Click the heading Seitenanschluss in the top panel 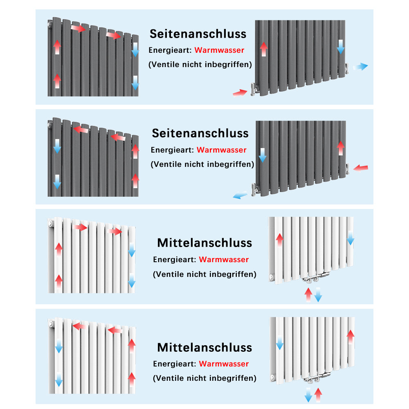pos(198,34)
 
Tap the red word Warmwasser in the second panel pos(221,150)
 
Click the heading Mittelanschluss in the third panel pos(204,243)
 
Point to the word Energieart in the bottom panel pos(175,364)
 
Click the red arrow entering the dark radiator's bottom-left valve pos(240,93)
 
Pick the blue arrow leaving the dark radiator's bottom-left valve pos(240,196)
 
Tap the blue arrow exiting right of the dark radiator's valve pos(360,67)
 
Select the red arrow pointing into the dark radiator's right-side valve pos(361,168)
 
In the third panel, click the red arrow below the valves pos(308,295)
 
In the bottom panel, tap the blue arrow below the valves pos(308,395)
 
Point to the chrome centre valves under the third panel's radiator pos(315,278)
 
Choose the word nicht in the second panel pos(193,164)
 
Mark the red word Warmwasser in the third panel pos(224,260)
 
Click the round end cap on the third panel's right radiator pos(272,277)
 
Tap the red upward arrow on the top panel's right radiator pos(264,49)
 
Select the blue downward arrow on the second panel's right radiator pos(263,155)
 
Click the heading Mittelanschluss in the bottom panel pos(204,347)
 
